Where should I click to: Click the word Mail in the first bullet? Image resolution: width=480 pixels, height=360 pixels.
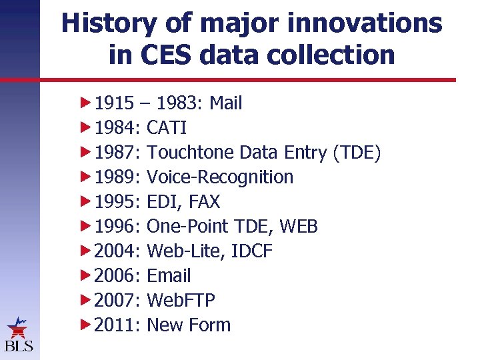pyautogui.click(x=225, y=103)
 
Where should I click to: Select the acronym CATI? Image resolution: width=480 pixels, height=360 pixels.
pyautogui.click(x=167, y=128)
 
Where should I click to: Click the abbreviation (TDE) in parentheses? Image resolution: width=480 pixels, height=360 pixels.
pyautogui.click(x=356, y=153)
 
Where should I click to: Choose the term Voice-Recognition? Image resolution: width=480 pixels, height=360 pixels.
pyautogui.click(x=220, y=177)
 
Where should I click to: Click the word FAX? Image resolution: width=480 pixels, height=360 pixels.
pyautogui.click(x=204, y=202)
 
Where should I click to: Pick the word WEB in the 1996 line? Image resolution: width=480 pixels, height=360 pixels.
pyautogui.click(x=299, y=227)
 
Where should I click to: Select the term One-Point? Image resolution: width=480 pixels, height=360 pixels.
pyautogui.click(x=187, y=227)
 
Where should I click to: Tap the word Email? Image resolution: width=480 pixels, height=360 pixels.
pyautogui.click(x=169, y=276)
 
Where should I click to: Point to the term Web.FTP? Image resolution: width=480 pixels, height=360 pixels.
pyautogui.click(x=181, y=301)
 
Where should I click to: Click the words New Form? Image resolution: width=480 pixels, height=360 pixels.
pyautogui.click(x=189, y=325)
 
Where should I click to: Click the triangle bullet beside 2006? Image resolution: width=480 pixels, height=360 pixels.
pyautogui.click(x=85, y=276)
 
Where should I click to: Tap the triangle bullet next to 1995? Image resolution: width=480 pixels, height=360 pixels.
pyautogui.click(x=85, y=202)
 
